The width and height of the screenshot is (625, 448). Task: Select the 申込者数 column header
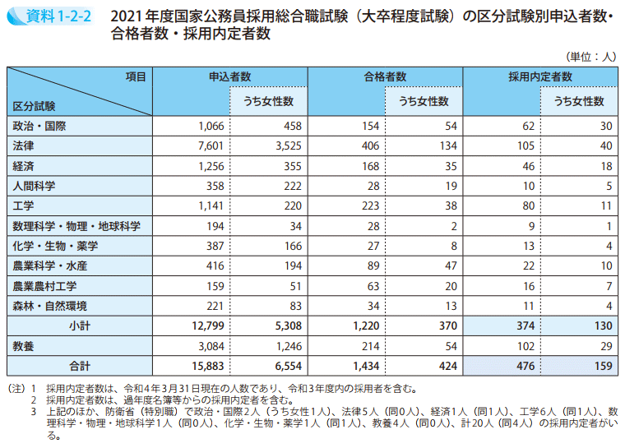tap(230, 76)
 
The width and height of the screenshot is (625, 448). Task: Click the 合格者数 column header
tap(386, 76)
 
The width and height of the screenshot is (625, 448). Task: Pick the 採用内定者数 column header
tap(540, 76)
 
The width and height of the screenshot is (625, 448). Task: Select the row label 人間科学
tap(34, 186)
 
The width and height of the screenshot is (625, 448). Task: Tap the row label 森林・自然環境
tap(50, 306)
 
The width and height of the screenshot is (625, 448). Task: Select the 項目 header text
tap(136, 76)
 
